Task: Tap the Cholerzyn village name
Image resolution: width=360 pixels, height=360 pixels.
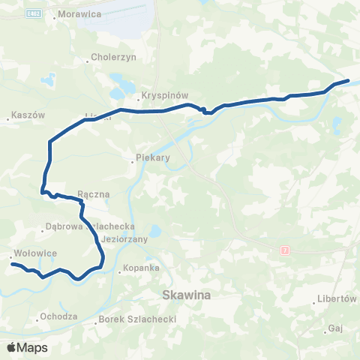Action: [111, 56]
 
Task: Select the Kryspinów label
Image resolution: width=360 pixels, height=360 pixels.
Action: [164, 96]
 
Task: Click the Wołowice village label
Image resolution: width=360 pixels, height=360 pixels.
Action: [35, 253]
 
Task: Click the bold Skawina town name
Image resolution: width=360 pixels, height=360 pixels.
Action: [187, 295]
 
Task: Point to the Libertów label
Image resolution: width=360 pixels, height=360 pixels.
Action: [336, 298]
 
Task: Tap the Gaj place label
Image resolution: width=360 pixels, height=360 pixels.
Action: [335, 328]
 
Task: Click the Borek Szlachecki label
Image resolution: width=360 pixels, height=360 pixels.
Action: [137, 319]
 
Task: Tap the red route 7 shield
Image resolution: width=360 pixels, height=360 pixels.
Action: [284, 250]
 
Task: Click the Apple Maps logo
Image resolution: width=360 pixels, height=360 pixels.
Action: [27, 347]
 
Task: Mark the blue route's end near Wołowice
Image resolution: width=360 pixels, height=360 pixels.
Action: [11, 263]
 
